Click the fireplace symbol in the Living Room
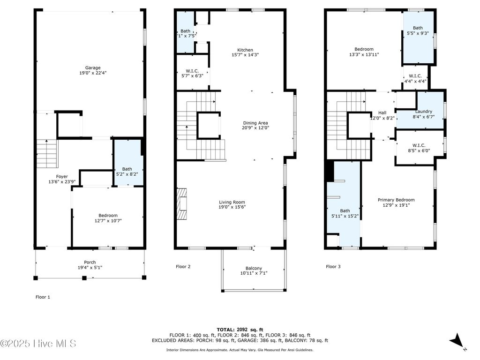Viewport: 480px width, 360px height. point(181,203)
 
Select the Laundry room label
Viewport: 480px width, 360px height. point(423,112)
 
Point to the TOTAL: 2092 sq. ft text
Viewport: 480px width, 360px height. point(240,330)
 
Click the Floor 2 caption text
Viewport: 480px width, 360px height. point(183,267)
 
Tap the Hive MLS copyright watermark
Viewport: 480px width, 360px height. point(38,344)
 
